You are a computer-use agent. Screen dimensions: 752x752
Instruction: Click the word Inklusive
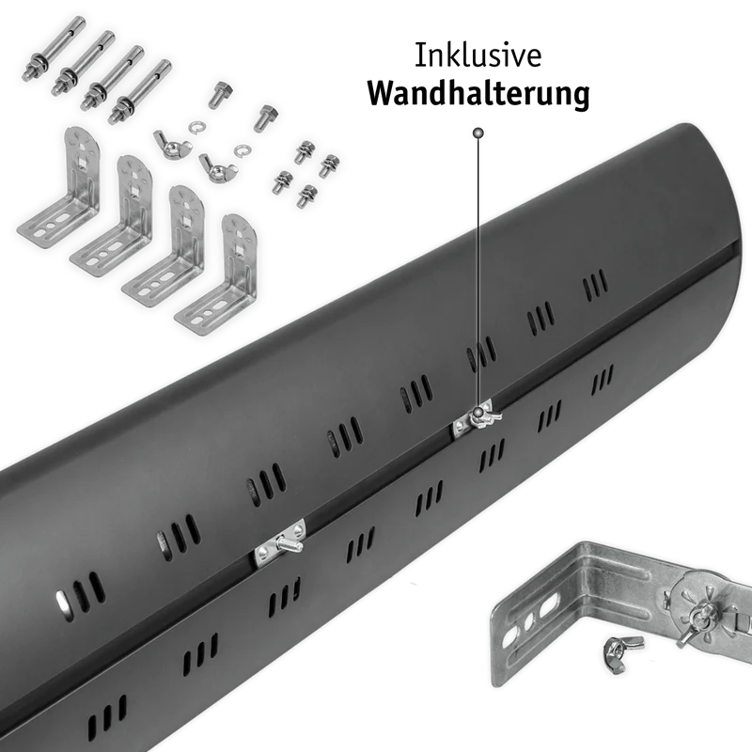[478, 55]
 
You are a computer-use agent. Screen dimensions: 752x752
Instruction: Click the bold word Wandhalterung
[478, 93]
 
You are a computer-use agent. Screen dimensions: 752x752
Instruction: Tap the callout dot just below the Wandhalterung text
[478, 133]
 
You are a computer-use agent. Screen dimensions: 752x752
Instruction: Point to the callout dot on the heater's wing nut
[478, 413]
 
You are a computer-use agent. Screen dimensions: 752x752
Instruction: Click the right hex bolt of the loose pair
[264, 117]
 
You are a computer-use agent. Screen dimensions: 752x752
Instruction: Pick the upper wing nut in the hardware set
[171, 145]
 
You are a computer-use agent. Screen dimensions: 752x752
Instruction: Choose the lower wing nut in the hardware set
[217, 167]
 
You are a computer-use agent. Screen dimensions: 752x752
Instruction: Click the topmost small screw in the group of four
[303, 151]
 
